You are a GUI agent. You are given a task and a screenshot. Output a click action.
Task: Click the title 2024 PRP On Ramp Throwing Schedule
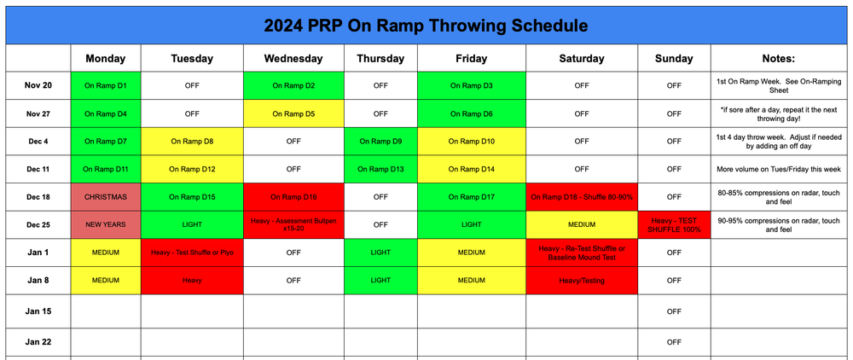426,25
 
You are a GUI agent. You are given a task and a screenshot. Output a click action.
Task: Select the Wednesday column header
293,59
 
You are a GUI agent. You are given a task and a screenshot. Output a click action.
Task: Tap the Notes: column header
776,59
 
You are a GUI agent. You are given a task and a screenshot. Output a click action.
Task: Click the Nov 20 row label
38,85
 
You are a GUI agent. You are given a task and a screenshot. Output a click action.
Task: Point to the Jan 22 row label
38,341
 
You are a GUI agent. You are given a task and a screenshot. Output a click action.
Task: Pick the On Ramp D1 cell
106,85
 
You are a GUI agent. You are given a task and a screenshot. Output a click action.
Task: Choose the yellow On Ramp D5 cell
293,113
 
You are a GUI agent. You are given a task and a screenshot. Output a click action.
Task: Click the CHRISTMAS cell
106,197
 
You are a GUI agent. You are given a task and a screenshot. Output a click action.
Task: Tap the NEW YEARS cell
106,224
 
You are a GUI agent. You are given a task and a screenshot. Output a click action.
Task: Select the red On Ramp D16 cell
293,197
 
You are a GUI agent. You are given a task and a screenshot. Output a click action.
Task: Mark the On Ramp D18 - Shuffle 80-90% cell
582,197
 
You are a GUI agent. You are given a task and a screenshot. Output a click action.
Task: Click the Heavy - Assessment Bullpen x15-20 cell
293,224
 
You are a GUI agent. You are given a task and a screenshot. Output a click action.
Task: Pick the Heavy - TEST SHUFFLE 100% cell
674,224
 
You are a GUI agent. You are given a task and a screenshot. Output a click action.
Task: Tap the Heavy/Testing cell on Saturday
582,280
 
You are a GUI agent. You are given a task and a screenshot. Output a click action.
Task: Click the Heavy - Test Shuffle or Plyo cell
192,253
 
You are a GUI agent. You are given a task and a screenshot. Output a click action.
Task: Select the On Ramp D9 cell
380,141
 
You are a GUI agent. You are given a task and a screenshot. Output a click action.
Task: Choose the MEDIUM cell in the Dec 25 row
582,224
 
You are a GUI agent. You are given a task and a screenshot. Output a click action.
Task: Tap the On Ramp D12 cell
192,169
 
